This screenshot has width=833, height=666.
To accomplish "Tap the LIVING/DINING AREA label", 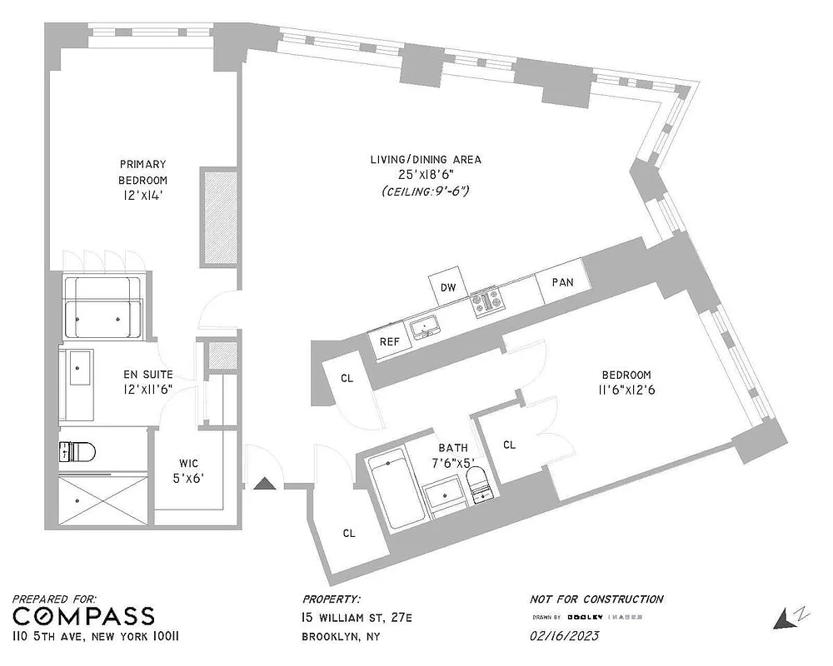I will (426, 159).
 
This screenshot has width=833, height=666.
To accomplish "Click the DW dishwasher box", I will (448, 288).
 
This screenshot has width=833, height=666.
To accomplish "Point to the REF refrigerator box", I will (390, 341).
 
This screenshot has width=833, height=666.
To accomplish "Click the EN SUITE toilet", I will (77, 452).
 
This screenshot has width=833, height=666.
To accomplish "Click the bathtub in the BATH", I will (390, 492).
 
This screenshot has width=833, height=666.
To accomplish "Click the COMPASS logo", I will (84, 616).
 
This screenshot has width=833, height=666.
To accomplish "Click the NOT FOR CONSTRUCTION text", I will (596, 599).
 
